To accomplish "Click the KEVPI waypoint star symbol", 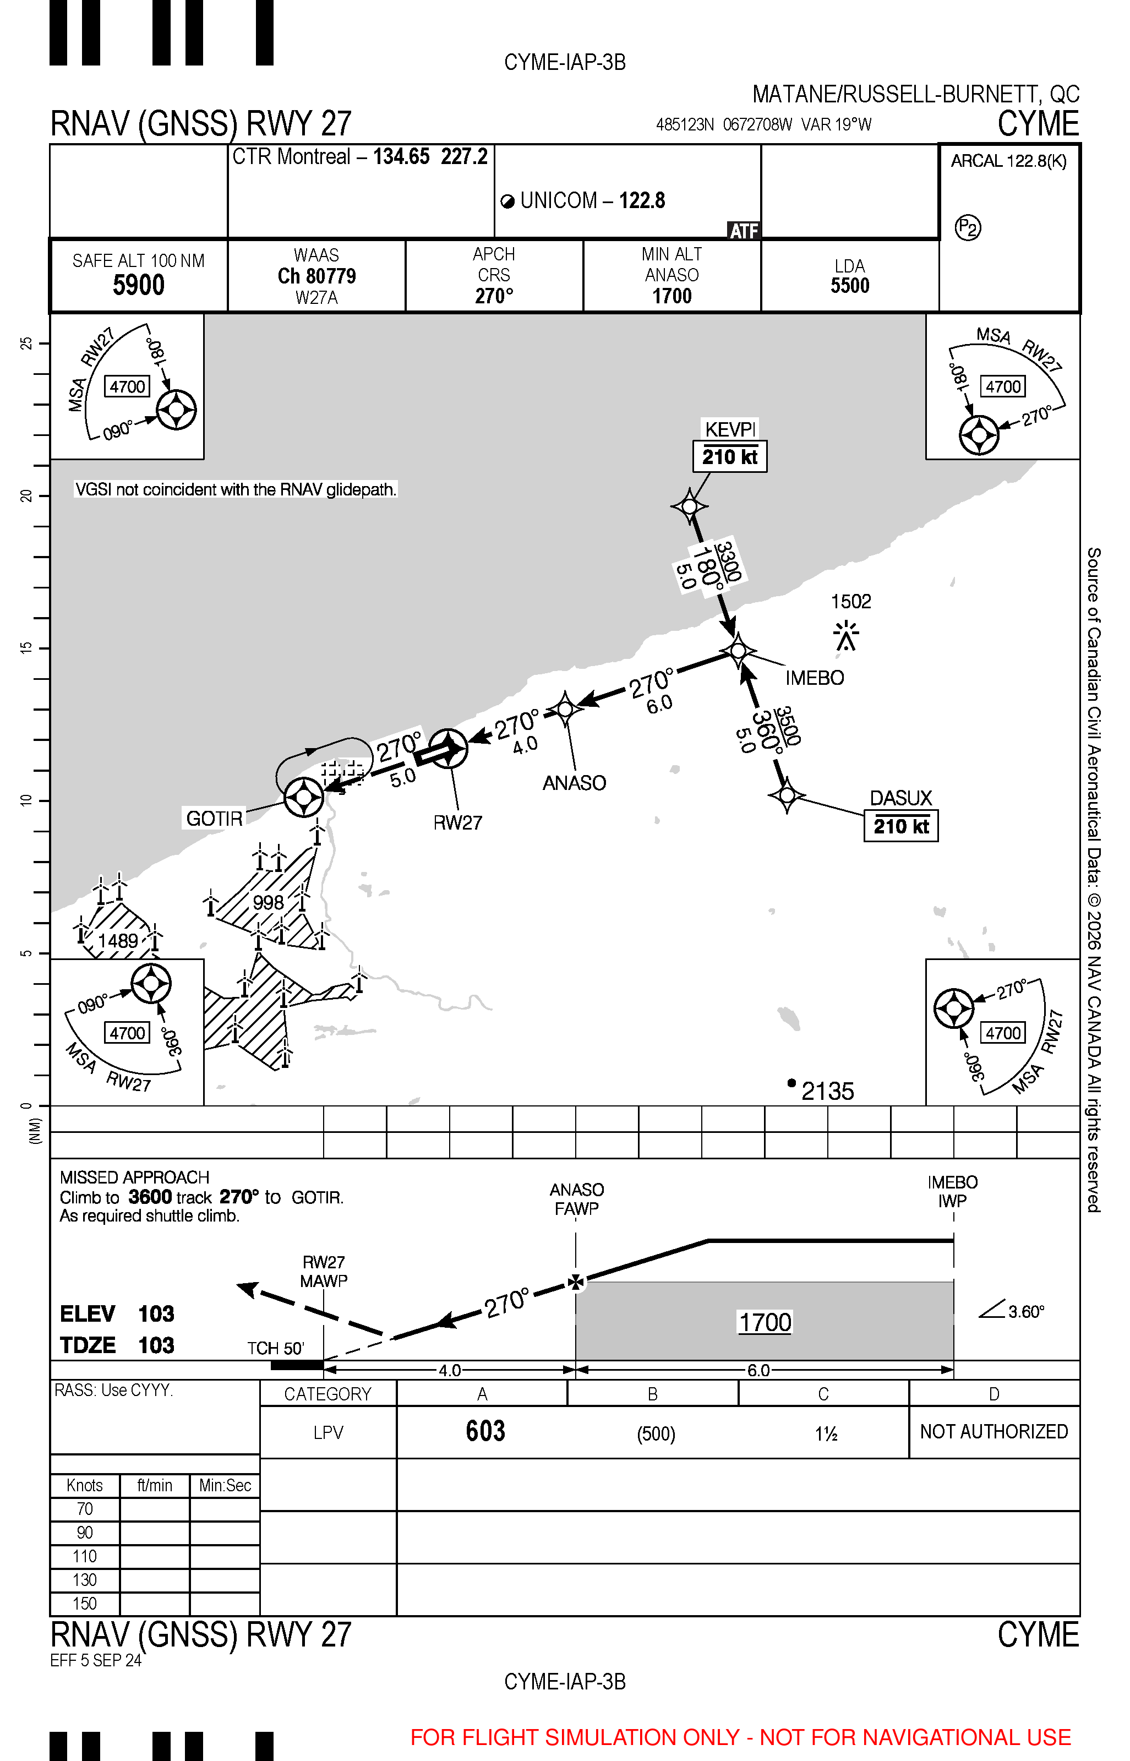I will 689,506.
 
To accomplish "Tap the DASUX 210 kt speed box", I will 900,826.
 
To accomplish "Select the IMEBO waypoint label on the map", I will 815,678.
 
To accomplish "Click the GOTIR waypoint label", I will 214,818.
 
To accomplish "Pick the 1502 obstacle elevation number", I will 850,602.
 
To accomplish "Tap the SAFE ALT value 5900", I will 139,285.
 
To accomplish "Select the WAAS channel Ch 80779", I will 316,276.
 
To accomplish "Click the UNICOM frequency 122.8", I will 641,200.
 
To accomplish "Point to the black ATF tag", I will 743,231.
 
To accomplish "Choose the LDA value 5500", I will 850,286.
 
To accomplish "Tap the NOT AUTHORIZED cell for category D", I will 993,1432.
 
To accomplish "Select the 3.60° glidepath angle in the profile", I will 1026,1311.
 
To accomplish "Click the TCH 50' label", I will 275,1348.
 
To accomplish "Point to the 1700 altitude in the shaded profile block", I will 765,1322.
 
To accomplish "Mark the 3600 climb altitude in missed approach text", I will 150,1197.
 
